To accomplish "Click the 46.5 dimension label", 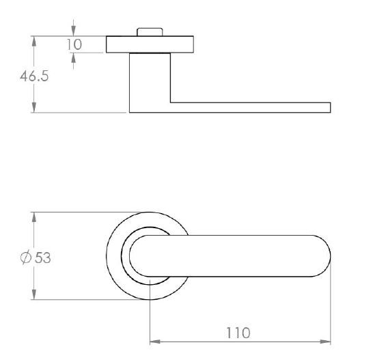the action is point(34,76).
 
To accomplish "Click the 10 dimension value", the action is point(74,44).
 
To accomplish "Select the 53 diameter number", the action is point(43,258).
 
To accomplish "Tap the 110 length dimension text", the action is point(238,333).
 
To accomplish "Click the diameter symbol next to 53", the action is point(26,258).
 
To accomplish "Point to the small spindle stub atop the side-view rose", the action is point(150,32).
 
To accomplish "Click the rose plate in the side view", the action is point(150,44).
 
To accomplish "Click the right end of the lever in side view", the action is point(331,107).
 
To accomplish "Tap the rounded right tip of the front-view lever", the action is point(330,256).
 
